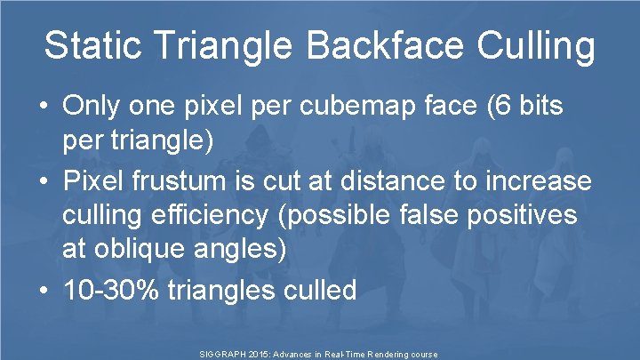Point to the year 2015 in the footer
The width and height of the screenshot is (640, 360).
click(x=263, y=354)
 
